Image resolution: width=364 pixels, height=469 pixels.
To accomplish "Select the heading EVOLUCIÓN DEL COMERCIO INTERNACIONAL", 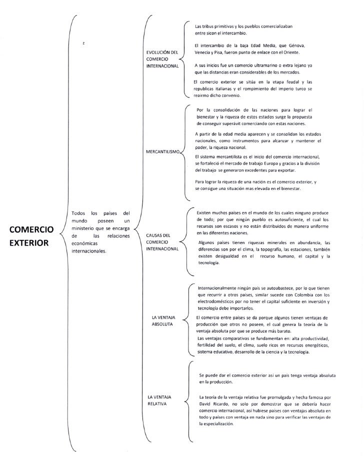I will click(162, 58).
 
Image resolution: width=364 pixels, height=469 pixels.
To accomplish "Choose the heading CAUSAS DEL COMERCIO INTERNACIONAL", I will click(162, 241).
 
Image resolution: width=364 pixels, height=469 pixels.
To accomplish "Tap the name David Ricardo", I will click(213, 403).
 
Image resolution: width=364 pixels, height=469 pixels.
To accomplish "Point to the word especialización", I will click(216, 423).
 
